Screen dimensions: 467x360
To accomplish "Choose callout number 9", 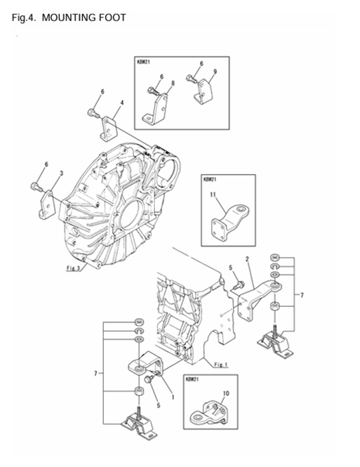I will pyautogui.click(x=215, y=72).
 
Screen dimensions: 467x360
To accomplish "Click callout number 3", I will pyautogui.click(x=61, y=173).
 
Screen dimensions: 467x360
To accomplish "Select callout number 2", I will pyautogui.click(x=247, y=260).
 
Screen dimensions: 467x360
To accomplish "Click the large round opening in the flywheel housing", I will pyautogui.click(x=131, y=214).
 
